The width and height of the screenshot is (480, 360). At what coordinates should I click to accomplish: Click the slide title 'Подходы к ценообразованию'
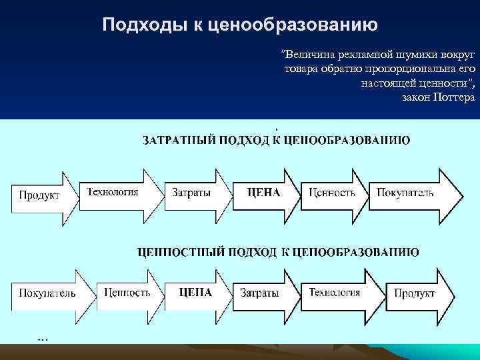[x=240, y=25]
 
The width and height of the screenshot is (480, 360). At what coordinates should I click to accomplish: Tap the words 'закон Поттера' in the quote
[x=439, y=97]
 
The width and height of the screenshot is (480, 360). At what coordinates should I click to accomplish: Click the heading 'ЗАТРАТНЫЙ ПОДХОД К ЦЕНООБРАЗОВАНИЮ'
[x=276, y=140]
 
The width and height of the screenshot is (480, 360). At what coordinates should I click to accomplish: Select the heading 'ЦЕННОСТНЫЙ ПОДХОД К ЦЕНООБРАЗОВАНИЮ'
[x=277, y=252]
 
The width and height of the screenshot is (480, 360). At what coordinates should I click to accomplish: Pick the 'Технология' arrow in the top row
[x=117, y=193]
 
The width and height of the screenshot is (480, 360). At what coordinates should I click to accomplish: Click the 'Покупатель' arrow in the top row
[x=410, y=193]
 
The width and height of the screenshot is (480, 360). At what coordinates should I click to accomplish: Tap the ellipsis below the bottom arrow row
[x=43, y=339]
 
